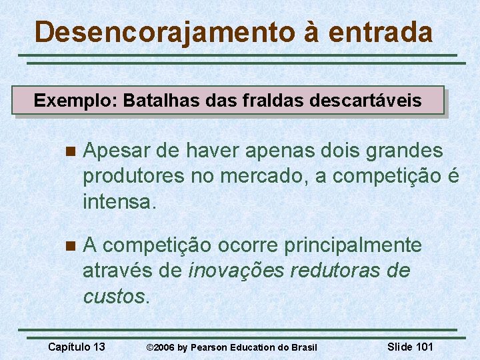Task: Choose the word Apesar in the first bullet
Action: point(117,151)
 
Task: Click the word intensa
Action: point(119,201)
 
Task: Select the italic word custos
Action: point(113,295)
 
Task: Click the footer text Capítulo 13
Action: point(77,347)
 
